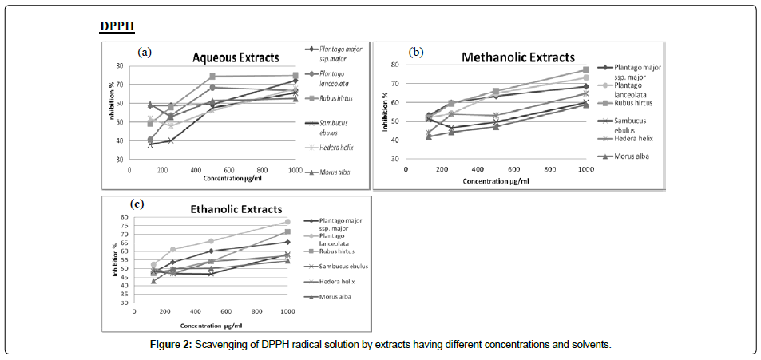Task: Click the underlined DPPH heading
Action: pos(117,26)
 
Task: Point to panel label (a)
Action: pos(145,52)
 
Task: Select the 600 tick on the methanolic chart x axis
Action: pos(513,170)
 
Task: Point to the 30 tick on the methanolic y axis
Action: pos(394,159)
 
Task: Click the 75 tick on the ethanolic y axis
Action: pos(123,225)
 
